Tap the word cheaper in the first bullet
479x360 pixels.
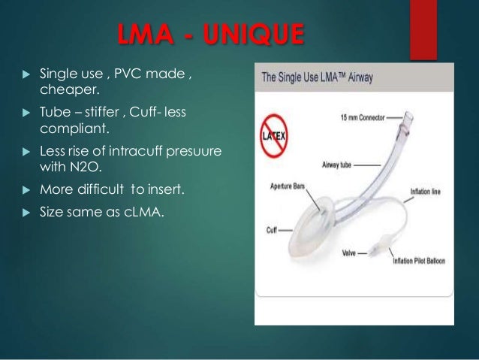coord(66,91)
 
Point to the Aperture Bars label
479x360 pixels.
coord(283,183)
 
